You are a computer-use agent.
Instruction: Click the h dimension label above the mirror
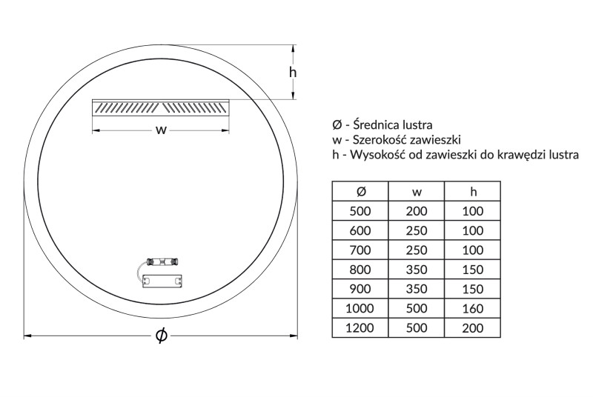293,72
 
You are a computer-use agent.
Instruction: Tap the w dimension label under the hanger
159,130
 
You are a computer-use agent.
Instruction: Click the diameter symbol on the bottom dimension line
161,336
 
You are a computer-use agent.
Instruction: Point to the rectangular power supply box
162,282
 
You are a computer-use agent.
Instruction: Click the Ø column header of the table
360,191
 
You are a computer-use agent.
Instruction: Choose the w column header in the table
417,191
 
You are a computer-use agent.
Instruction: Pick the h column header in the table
473,191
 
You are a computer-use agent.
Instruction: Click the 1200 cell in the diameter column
360,327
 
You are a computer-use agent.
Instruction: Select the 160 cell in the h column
473,308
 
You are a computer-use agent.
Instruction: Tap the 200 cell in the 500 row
417,211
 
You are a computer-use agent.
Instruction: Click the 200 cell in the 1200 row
473,327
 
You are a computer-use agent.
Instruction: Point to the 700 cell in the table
360,250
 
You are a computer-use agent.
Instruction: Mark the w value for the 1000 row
417,308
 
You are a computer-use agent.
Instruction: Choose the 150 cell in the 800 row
473,269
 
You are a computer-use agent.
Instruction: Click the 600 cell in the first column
360,230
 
